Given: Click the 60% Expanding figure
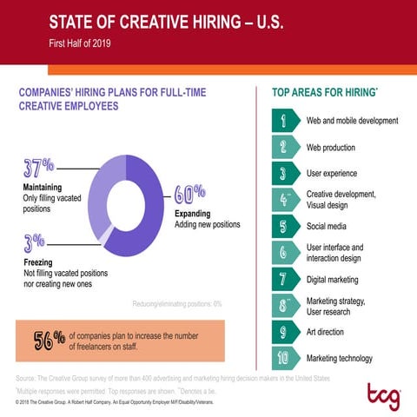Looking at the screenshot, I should [x=189, y=192].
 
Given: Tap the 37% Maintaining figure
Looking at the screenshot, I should [x=38, y=167].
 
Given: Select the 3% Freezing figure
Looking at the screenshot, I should [x=35, y=242].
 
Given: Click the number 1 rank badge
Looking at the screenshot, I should [x=283, y=121].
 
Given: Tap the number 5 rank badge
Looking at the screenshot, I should [x=283, y=227].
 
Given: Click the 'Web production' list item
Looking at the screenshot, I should [x=330, y=148].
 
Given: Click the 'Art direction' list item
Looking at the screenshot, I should [x=325, y=332].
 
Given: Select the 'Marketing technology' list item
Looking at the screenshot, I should [x=339, y=358].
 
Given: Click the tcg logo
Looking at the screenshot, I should [x=382, y=395].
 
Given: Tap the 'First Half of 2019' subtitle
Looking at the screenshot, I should [x=80, y=42].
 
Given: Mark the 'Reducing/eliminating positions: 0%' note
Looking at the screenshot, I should [x=177, y=303].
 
